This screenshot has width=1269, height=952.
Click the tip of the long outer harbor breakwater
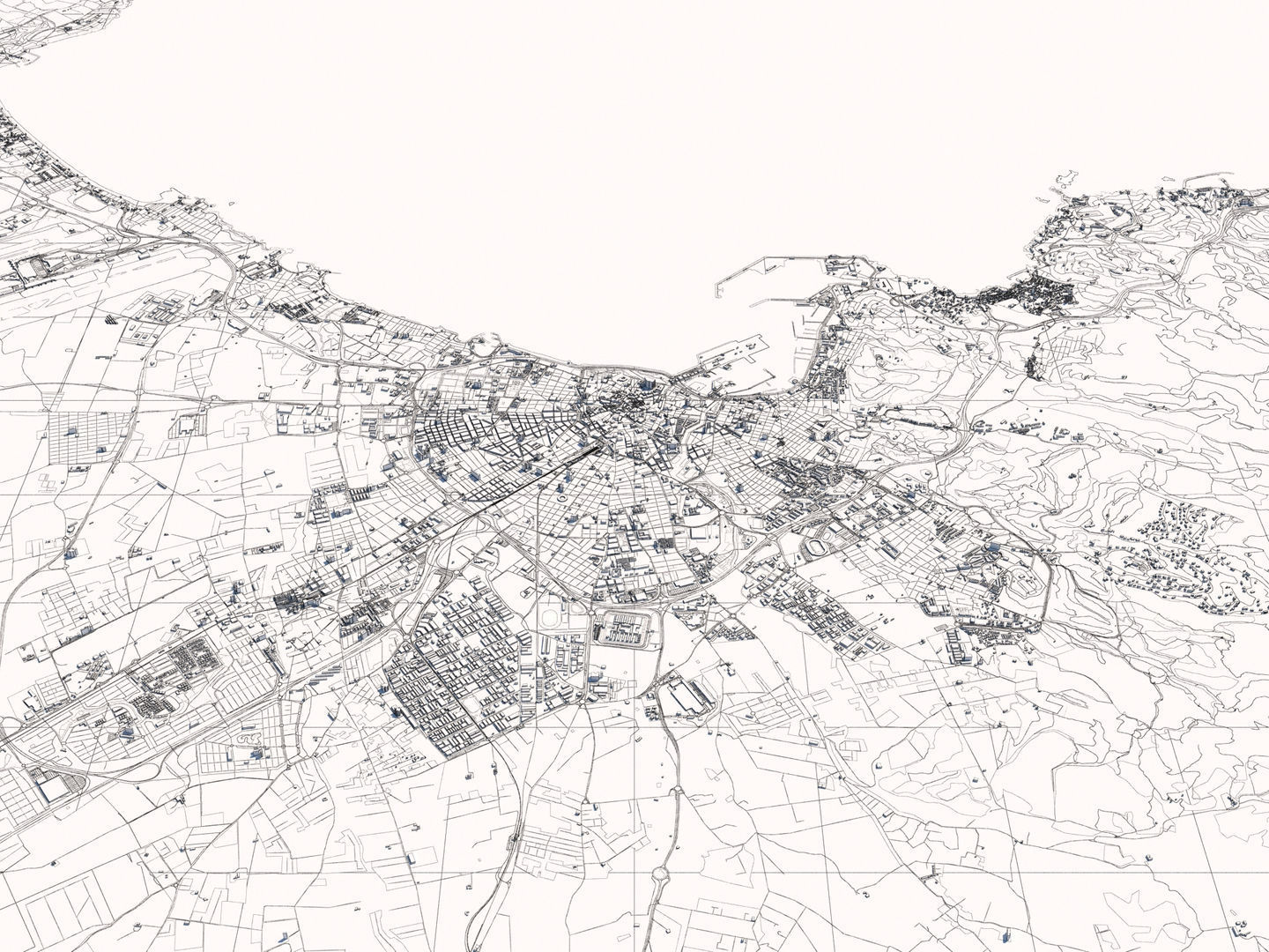coord(716,286)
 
